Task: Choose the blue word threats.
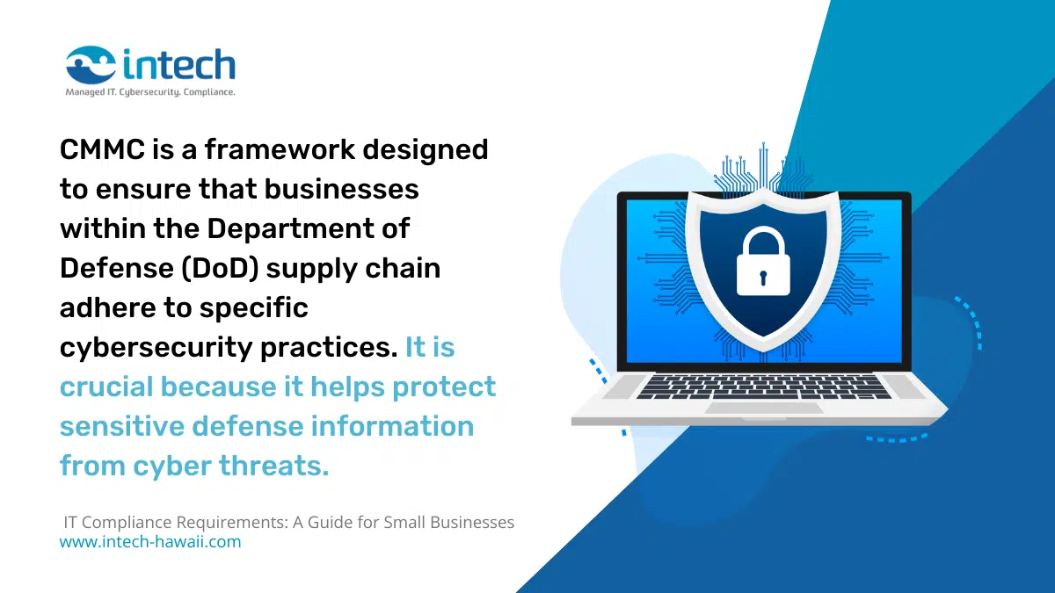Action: point(274,466)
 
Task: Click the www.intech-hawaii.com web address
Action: point(149,542)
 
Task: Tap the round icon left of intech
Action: point(91,64)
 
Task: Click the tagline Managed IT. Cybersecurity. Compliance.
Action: point(150,91)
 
